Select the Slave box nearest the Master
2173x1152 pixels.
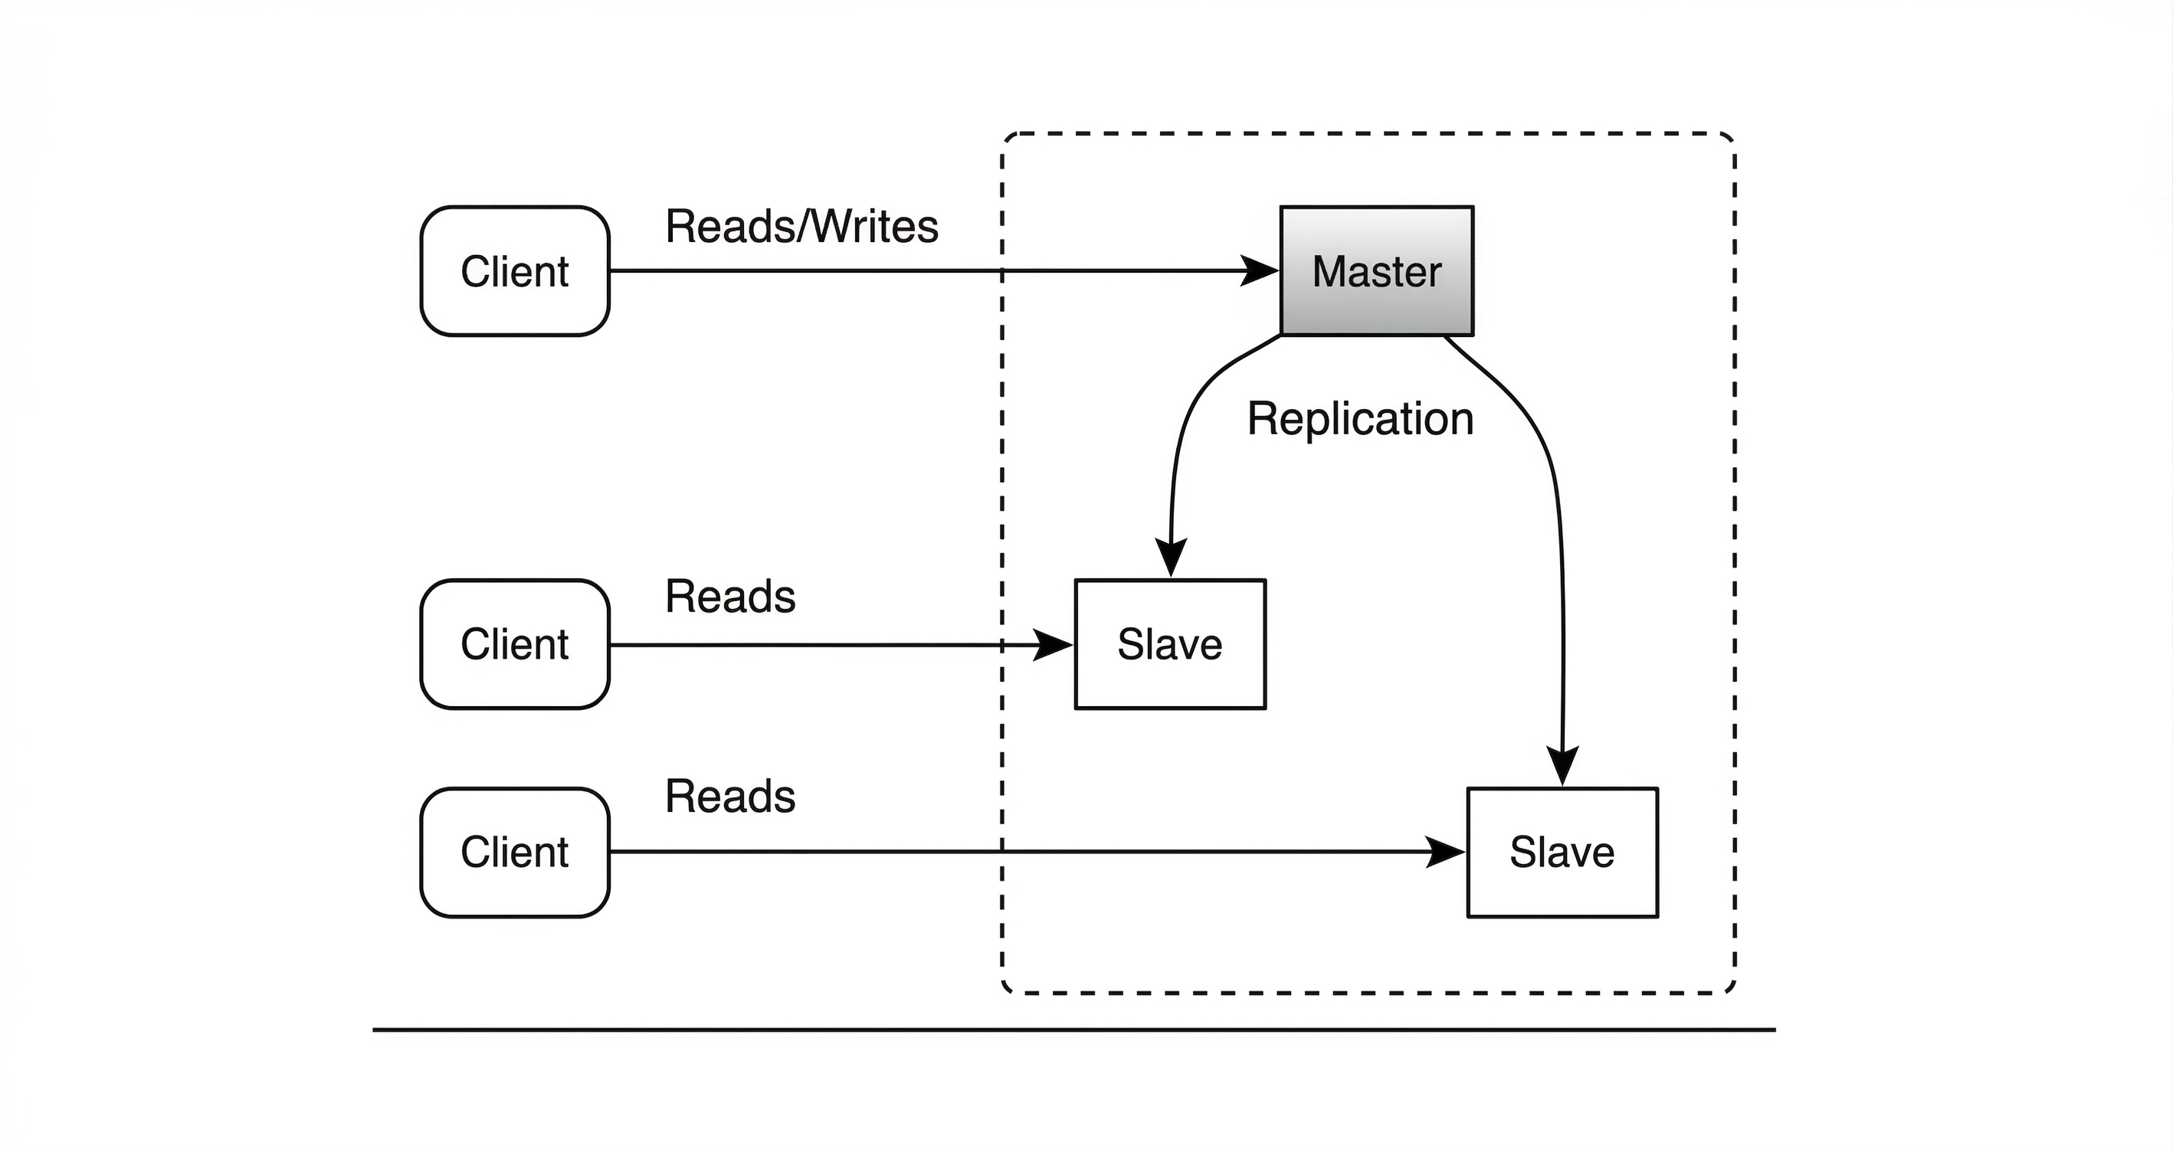(1170, 643)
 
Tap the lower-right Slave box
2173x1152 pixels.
(1562, 852)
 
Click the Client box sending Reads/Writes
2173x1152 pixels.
(515, 270)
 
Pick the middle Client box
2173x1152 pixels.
(515, 643)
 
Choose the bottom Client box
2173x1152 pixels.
(515, 852)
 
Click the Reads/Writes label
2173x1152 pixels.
(801, 226)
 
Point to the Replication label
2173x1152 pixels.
(1360, 418)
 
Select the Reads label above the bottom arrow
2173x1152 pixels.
(729, 796)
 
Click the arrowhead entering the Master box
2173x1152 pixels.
(1262, 270)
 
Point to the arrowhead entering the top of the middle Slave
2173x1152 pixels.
(1172, 558)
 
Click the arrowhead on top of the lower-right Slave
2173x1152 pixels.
(1562, 766)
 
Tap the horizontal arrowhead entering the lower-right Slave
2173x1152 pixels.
(1447, 852)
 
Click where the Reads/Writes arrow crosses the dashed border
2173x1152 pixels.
(1002, 270)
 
